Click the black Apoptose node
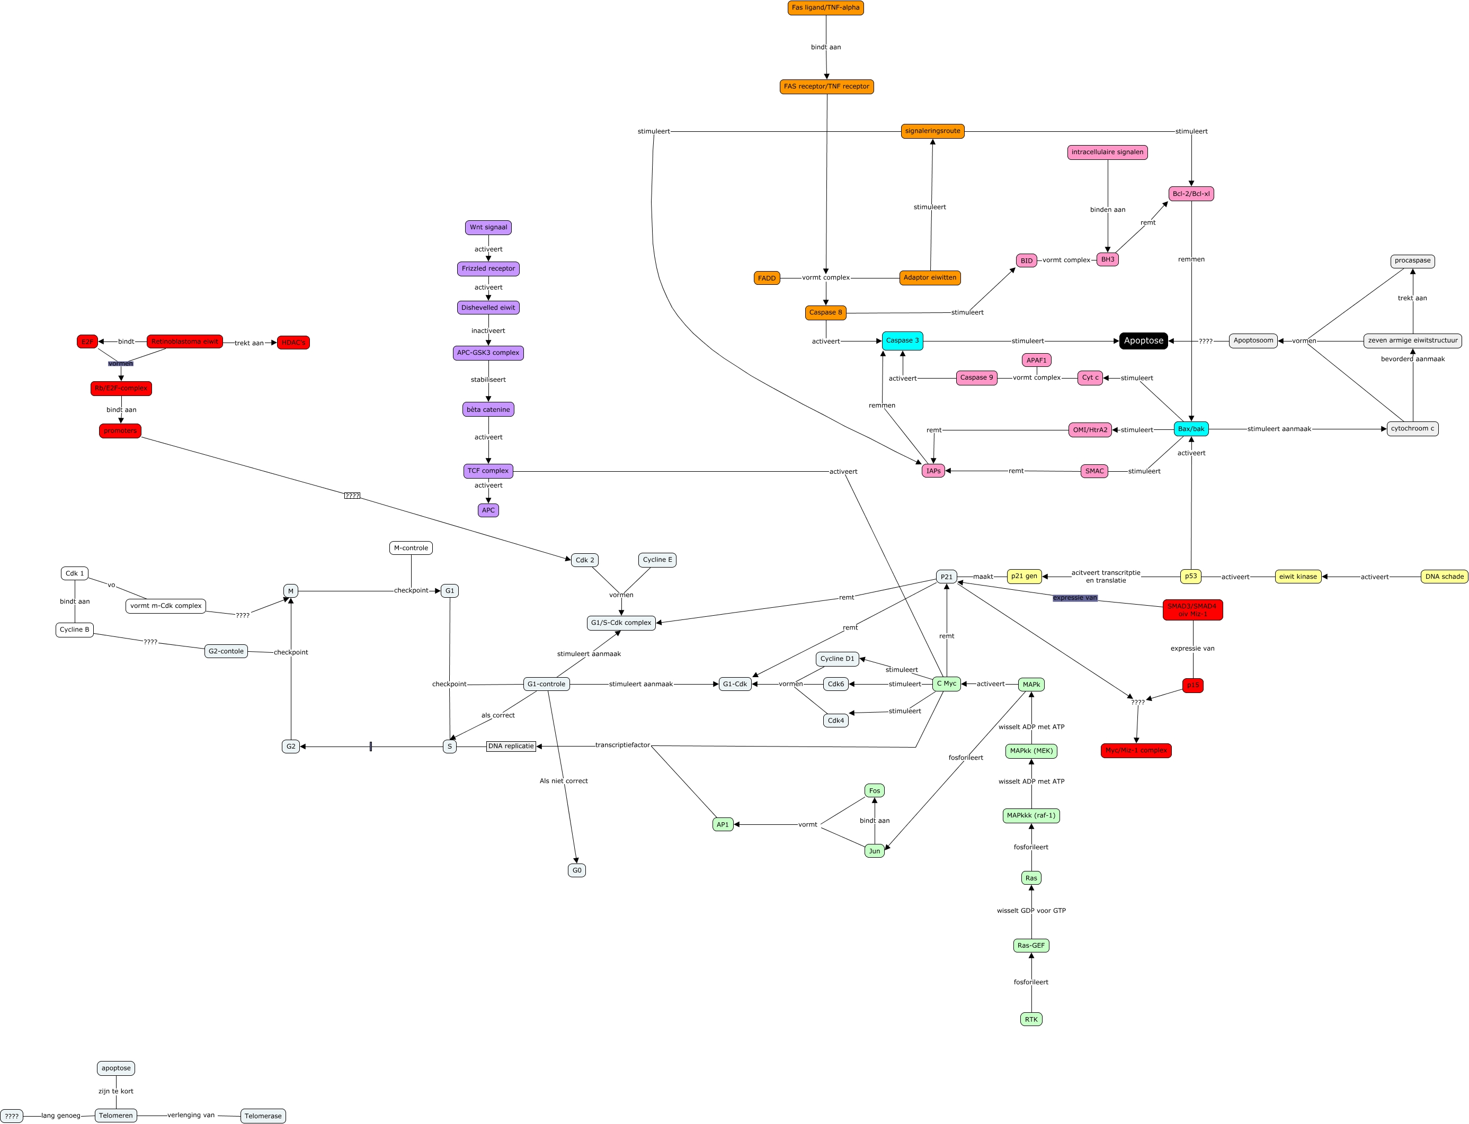(1143, 340)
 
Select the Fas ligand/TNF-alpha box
(825, 8)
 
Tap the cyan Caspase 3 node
(902, 340)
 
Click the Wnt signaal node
(488, 228)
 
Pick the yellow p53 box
(1190, 576)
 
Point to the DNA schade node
(1444, 577)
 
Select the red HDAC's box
(293, 343)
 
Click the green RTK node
(1031, 1020)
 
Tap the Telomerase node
(263, 1116)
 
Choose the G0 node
(576, 870)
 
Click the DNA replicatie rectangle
(511, 746)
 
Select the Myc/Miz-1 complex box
(1136, 751)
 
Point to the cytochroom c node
(1412, 429)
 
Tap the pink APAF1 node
(1036, 361)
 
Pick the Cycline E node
(657, 560)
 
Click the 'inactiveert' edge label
(488, 330)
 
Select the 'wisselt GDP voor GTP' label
(1031, 911)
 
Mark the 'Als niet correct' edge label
(564, 781)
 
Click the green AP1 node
(723, 825)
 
